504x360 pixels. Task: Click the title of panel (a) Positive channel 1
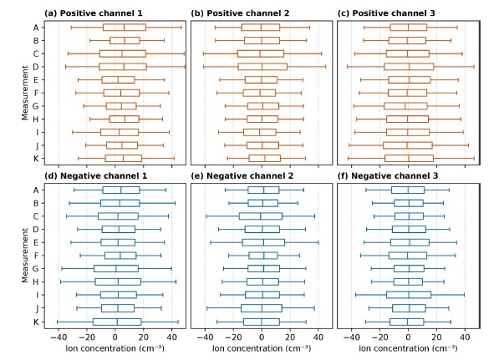coord(94,13)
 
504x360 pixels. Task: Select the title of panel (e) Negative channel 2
coord(242,175)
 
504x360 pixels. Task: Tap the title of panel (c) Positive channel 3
coord(386,13)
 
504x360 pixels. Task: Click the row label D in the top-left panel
coord(36,67)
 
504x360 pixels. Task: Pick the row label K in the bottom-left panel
coord(36,322)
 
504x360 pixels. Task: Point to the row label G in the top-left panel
coord(36,106)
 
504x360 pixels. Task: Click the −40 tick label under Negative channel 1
coord(59,337)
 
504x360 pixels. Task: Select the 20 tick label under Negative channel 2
coord(290,337)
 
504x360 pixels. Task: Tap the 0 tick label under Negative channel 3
coord(408,337)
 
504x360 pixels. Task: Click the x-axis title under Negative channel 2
coord(262,348)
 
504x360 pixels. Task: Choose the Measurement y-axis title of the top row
coord(25,93)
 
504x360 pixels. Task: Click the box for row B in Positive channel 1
coord(125,40)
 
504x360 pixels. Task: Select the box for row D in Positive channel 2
coord(262,67)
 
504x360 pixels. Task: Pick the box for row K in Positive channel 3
coord(409,159)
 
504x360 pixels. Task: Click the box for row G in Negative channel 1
coord(116,268)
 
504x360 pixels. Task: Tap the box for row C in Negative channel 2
coord(261,216)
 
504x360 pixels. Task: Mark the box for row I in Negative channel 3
coord(409,295)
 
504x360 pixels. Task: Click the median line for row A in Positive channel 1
coord(124,28)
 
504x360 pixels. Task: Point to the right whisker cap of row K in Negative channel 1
coord(178,322)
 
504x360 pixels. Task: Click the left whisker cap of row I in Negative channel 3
coord(355,295)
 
